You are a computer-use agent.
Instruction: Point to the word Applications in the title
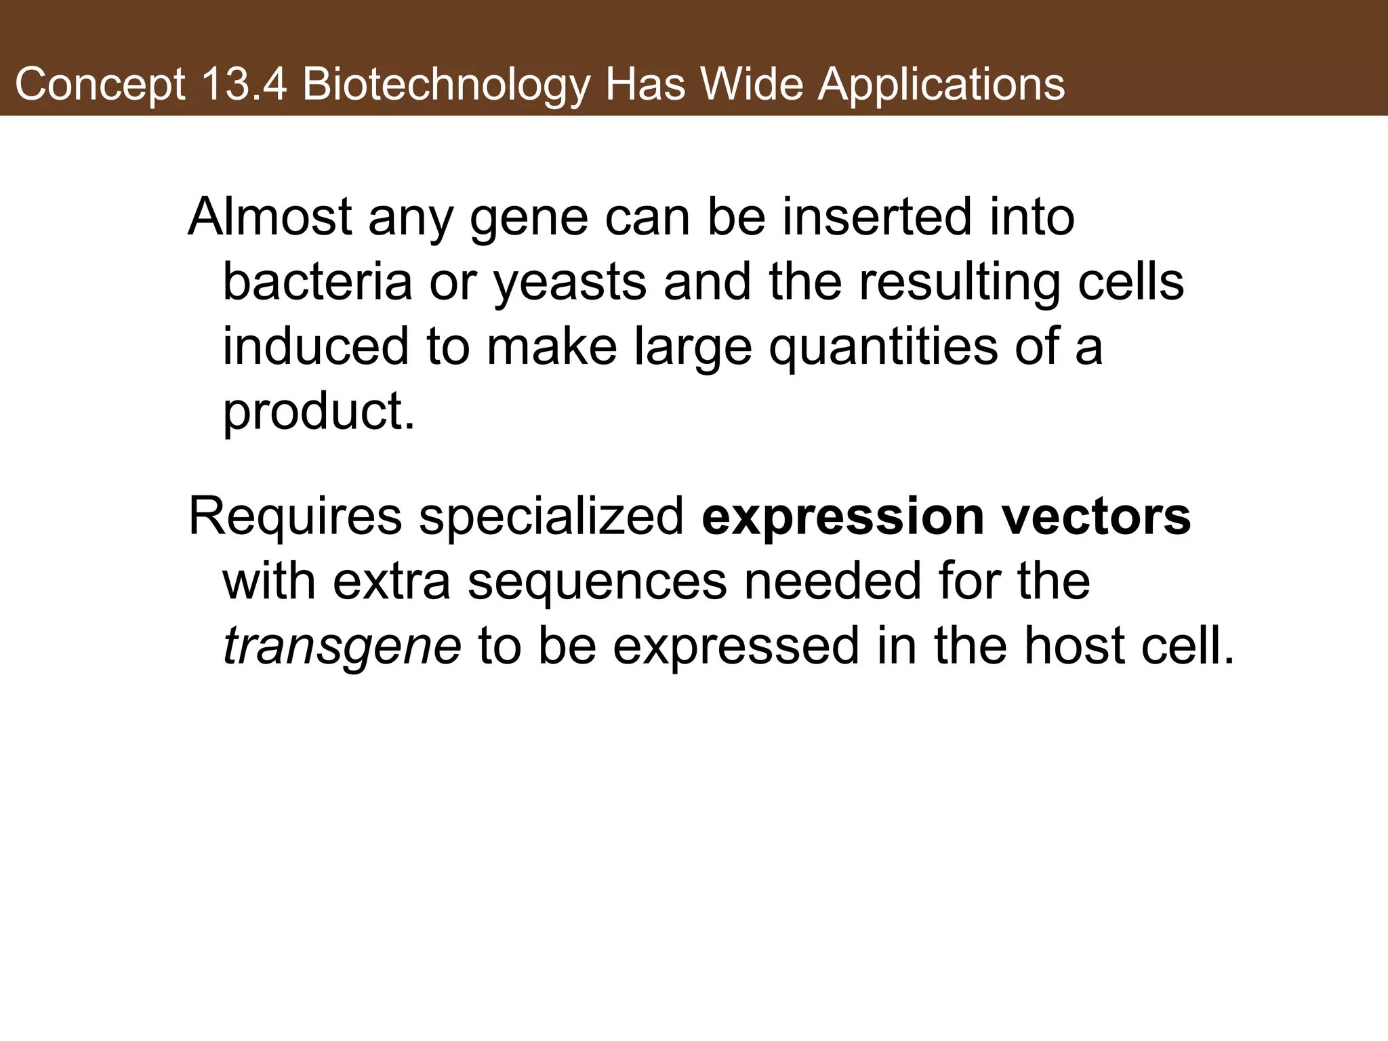click(941, 85)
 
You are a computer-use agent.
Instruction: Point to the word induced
click(316, 346)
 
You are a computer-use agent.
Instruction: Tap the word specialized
click(552, 516)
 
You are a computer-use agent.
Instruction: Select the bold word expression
click(842, 516)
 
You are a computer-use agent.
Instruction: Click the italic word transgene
click(342, 646)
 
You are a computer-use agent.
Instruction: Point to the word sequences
click(597, 581)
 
